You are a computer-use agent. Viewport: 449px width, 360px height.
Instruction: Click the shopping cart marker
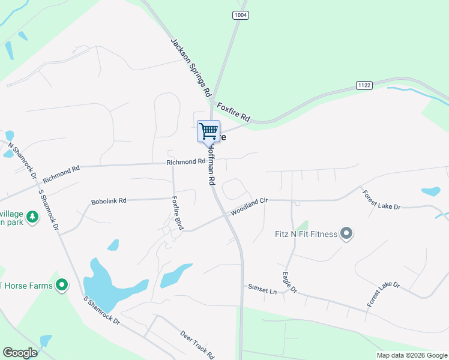(x=208, y=131)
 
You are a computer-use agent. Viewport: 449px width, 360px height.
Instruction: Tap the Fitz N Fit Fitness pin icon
(x=346, y=233)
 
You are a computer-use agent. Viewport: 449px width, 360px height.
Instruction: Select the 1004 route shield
(x=240, y=15)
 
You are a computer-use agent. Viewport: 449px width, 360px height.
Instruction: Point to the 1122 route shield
(x=364, y=85)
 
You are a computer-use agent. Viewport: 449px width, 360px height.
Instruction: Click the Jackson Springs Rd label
(x=191, y=68)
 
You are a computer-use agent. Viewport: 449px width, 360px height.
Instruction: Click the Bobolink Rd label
(x=109, y=201)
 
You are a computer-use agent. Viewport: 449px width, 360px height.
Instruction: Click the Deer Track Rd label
(x=197, y=344)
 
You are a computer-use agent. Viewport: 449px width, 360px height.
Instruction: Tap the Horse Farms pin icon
(x=61, y=286)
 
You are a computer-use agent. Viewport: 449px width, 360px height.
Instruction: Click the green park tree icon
(x=32, y=217)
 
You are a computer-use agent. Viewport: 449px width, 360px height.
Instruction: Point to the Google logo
(x=20, y=353)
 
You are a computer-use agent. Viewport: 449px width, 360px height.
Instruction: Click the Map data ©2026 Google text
(x=412, y=355)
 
